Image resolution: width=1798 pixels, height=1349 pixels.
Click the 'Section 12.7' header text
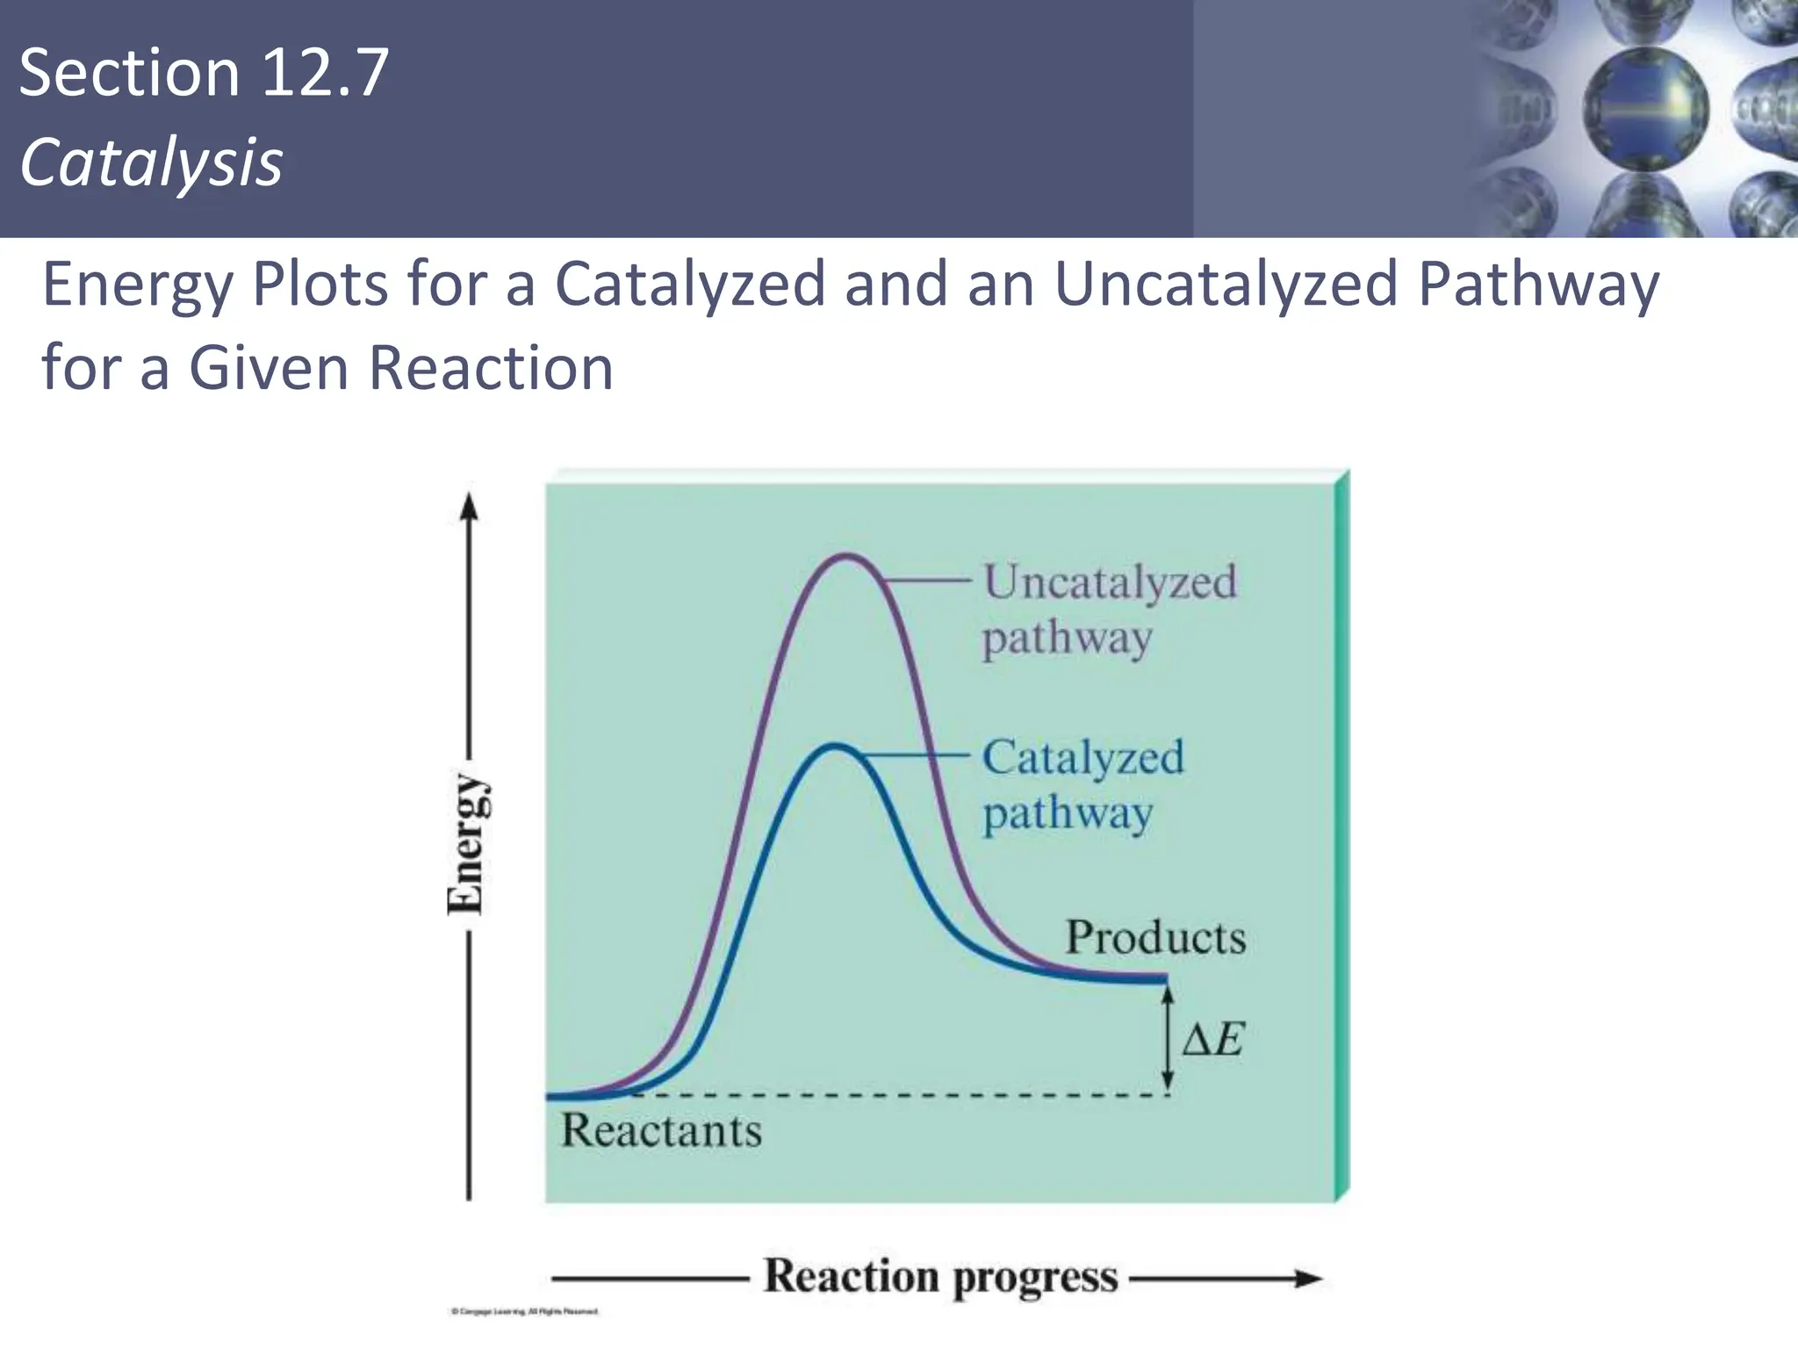203,73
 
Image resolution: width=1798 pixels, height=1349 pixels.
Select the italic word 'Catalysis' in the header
151,163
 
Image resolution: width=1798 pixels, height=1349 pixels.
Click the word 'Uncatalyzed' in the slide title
1226,285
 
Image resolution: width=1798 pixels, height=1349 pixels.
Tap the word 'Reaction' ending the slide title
491,367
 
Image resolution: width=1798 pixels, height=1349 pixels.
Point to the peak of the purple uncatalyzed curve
845,555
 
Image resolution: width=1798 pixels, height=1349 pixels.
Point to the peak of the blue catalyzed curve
835,747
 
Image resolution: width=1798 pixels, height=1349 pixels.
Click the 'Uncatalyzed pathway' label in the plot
1108,610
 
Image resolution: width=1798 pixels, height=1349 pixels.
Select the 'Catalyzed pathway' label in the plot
1082,784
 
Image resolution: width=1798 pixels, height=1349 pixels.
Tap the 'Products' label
1155,937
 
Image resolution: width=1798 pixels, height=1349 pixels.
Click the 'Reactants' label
661,1130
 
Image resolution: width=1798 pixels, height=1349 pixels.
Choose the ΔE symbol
1212,1041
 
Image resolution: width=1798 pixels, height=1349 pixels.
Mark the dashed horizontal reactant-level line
895,1095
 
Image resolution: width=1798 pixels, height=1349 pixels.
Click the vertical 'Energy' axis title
464,844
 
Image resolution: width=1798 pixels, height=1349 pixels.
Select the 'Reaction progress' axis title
940,1277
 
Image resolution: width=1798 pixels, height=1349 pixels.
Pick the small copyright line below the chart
524,1312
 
